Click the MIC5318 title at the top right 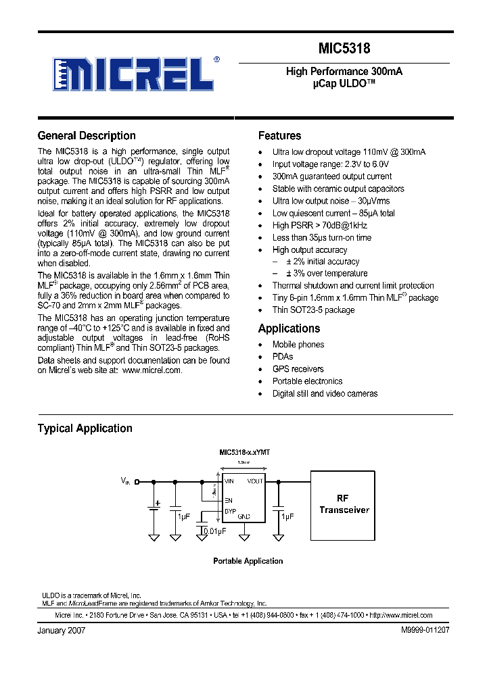point(344,49)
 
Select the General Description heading point(87,136)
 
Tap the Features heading point(279,136)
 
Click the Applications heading point(289,328)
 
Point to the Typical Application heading point(85,429)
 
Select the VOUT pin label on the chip point(255,481)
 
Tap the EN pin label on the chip point(229,500)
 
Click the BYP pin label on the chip point(230,511)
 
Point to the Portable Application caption point(248,561)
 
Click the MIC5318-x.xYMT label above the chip point(245,452)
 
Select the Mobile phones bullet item point(298,345)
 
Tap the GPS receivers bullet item point(298,369)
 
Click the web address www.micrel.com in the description point(152,370)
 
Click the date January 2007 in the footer point(61,630)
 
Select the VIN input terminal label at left point(126,481)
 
